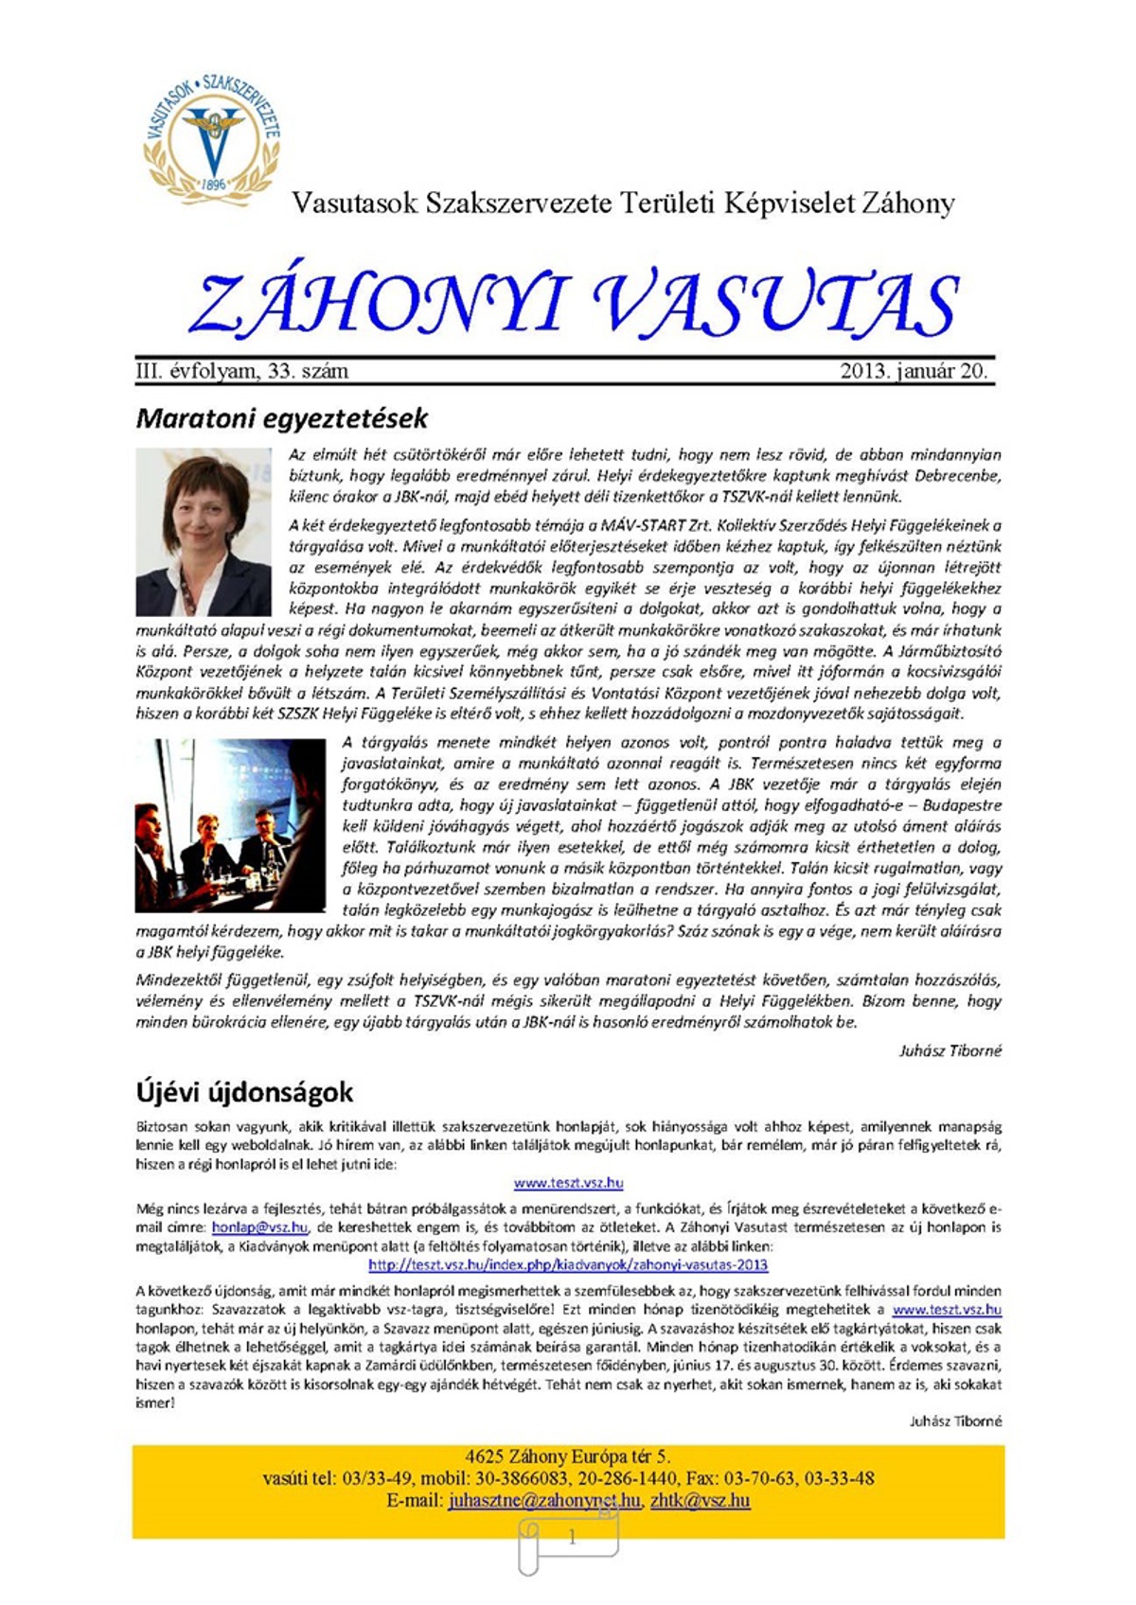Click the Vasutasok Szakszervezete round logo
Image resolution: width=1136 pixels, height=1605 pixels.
(x=213, y=135)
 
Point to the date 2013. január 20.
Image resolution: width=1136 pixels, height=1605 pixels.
(x=914, y=371)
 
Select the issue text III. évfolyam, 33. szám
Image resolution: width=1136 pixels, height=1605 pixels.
(x=242, y=371)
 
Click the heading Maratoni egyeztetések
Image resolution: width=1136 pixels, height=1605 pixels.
(x=282, y=418)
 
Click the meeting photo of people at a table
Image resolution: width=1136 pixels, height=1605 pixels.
(x=230, y=825)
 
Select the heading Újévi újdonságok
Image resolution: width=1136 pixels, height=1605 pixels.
(x=244, y=1092)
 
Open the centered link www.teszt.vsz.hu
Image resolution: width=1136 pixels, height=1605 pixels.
(x=568, y=1183)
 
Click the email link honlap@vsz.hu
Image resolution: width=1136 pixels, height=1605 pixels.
(x=259, y=1227)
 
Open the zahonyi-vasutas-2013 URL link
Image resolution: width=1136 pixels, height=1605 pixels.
(x=568, y=1264)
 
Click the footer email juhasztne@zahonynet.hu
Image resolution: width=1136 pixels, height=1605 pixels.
(x=544, y=1501)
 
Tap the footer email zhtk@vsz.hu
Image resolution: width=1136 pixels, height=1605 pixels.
(x=700, y=1501)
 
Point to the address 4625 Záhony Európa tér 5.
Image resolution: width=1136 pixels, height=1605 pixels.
(x=568, y=1456)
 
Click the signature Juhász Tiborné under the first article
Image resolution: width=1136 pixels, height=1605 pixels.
(x=950, y=1050)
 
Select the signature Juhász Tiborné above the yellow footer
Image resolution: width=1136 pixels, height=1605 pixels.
(x=954, y=1420)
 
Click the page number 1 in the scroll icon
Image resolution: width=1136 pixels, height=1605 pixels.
(x=572, y=1538)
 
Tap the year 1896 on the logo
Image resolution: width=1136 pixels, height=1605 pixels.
(x=214, y=185)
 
